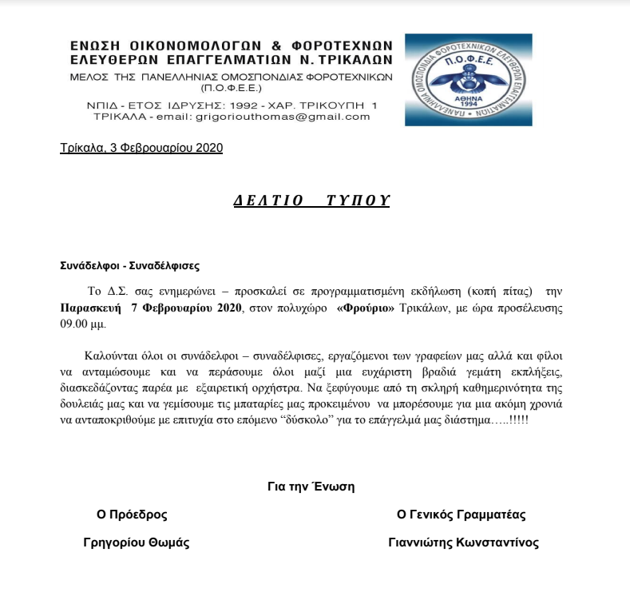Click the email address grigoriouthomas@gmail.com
282,117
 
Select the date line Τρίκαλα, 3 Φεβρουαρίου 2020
141,148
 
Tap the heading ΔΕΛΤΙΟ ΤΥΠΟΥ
311,201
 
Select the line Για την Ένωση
311,486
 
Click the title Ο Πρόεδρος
132,515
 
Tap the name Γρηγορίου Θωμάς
137,542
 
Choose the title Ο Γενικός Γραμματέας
462,515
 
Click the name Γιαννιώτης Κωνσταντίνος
463,542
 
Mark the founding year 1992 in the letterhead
217,105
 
